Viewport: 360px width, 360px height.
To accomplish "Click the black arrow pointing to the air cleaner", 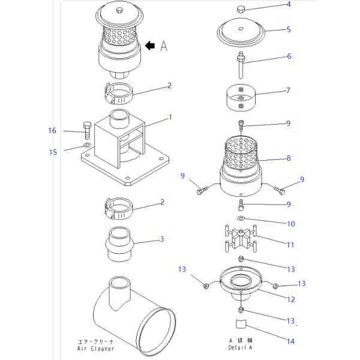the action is coord(150,46).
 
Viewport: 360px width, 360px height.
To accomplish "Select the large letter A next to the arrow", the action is coord(164,46).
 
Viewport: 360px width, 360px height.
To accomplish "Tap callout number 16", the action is coord(52,131).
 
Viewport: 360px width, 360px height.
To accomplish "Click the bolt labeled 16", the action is coord(87,130).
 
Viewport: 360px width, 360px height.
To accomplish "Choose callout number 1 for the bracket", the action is coord(170,118).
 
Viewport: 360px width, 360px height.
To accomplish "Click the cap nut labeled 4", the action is coord(241,10).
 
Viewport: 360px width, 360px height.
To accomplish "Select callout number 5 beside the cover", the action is coord(289,29).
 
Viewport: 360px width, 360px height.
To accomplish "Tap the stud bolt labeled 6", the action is coord(241,65).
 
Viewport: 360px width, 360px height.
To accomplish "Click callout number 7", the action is coord(288,91).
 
